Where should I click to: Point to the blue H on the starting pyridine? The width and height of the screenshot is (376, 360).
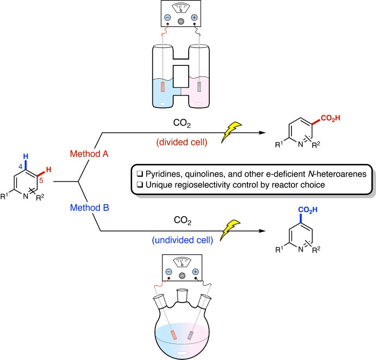coord(26,157)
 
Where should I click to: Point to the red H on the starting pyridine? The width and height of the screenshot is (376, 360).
coord(49,170)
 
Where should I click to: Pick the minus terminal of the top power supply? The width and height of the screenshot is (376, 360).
coord(167,18)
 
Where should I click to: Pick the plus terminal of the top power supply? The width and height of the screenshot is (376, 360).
coord(194,18)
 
